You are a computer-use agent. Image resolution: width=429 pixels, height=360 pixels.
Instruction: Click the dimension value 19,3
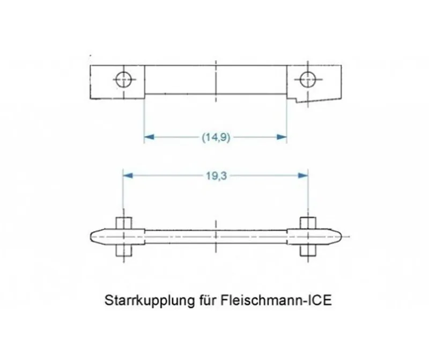tap(216, 176)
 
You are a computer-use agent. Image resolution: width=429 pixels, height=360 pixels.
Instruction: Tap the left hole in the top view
tap(123, 79)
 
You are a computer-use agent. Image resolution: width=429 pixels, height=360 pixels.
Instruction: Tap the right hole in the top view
tap(308, 79)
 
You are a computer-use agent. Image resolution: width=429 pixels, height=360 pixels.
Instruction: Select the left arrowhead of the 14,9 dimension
tap(149, 137)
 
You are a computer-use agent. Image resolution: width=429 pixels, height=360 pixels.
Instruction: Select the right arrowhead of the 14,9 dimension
tap(282, 137)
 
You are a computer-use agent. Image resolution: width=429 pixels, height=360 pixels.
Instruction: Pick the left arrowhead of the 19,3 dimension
tap(128, 175)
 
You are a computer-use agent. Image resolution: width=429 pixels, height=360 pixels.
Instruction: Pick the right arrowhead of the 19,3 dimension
tap(303, 175)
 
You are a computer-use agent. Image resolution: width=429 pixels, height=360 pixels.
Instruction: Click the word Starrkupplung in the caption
tap(149, 300)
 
